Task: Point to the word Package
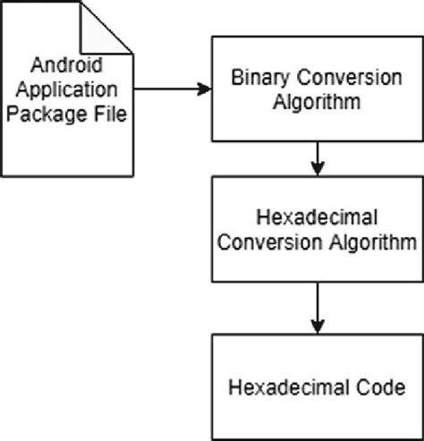52,114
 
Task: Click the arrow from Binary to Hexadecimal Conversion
318,158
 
